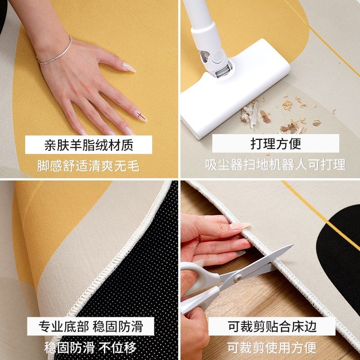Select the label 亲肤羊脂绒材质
tap(89, 145)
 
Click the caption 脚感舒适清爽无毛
tap(89, 166)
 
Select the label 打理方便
tap(275, 144)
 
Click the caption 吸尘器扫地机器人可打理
tap(275, 165)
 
